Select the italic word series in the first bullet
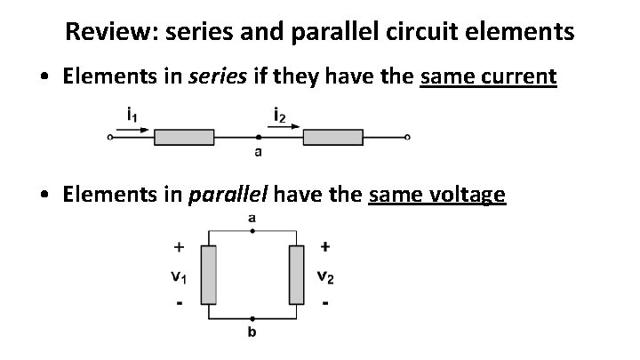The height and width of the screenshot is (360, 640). (x=218, y=77)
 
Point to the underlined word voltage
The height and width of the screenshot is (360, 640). (x=469, y=195)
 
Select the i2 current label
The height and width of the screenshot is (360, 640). (x=279, y=114)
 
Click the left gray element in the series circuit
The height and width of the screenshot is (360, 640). (x=184, y=137)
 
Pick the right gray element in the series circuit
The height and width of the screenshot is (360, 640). (x=333, y=137)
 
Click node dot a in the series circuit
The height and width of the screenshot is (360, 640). (x=258, y=137)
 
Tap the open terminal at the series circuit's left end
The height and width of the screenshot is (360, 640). (x=110, y=137)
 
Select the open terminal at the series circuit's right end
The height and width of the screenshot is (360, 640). (x=407, y=137)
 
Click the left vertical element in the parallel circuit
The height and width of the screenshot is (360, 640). (x=208, y=275)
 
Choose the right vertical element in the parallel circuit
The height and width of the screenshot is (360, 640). (x=296, y=275)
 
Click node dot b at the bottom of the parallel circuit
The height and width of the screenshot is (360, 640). (x=252, y=317)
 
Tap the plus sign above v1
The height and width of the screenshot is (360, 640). (x=180, y=246)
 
